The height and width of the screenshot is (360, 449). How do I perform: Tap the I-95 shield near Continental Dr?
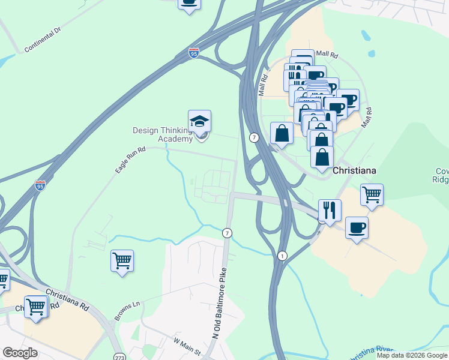(x=193, y=53)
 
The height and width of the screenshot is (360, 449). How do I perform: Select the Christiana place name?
(x=355, y=170)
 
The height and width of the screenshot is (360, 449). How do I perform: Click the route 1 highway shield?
(x=282, y=256)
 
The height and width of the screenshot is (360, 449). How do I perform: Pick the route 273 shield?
(x=120, y=355)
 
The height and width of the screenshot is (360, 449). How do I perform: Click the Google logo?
(x=20, y=353)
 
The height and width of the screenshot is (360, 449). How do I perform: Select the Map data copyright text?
(x=412, y=355)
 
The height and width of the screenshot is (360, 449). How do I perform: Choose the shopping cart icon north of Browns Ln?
(x=122, y=261)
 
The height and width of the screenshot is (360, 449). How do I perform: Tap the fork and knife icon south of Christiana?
(x=330, y=211)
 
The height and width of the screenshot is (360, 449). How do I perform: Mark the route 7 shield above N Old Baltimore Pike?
(x=227, y=233)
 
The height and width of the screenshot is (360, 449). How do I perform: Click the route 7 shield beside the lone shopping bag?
(x=255, y=137)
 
